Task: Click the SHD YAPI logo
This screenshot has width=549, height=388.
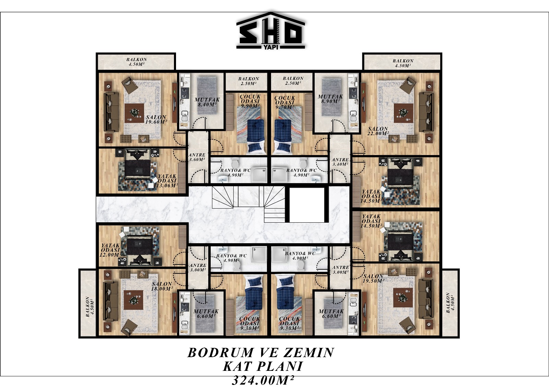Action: [x=271, y=31]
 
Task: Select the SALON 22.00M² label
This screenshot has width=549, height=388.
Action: [x=378, y=131]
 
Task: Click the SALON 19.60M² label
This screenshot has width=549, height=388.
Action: [x=156, y=120]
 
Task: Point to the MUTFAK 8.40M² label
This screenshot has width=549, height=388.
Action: [x=207, y=102]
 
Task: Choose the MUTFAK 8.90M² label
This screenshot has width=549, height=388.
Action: [x=330, y=99]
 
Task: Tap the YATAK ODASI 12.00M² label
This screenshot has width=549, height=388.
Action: [x=110, y=250]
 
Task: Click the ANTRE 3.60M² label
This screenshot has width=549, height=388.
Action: [x=197, y=157]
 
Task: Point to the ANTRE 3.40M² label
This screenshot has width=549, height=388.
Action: [x=340, y=162]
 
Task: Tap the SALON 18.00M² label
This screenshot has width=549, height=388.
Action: [x=162, y=286]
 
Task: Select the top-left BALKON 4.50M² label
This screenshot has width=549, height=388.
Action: [x=137, y=62]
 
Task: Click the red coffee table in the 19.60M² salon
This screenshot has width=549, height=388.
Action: [x=134, y=113]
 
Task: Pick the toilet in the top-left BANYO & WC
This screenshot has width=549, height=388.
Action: [x=235, y=162]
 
